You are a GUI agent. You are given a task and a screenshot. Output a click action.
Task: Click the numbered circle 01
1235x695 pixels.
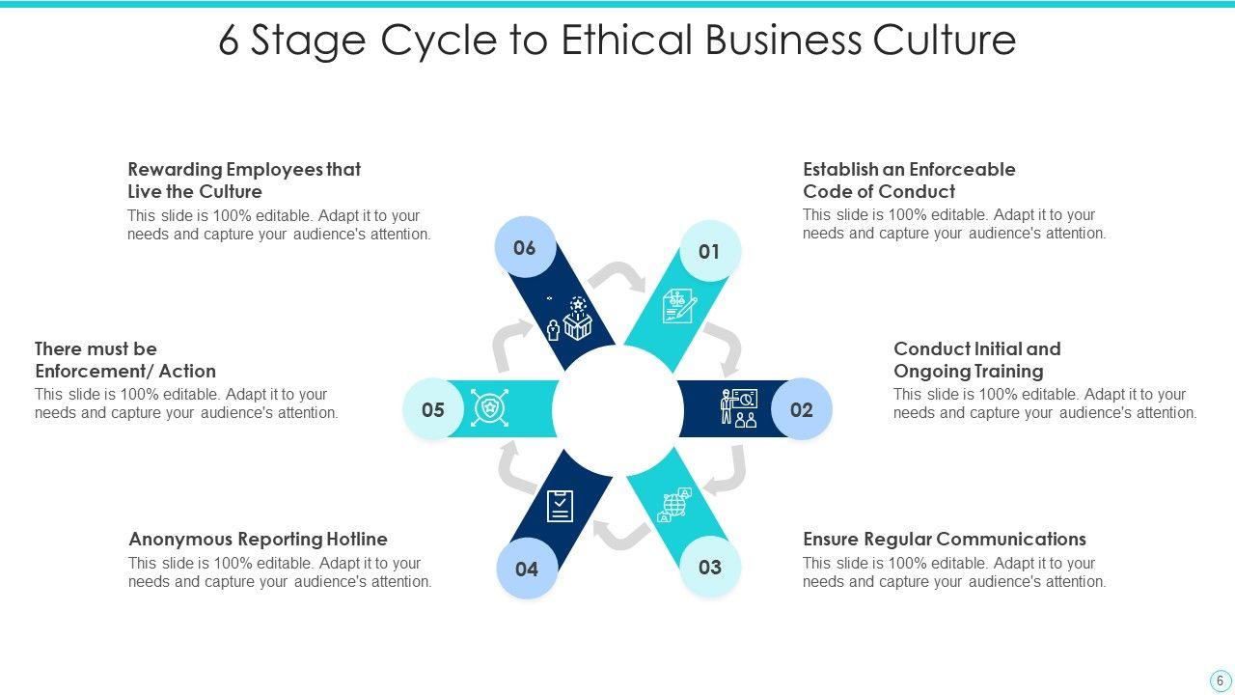(x=709, y=252)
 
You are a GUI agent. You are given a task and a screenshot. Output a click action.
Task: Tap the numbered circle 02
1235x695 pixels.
(x=801, y=409)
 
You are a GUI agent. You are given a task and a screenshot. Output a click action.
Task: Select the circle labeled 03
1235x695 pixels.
(x=710, y=568)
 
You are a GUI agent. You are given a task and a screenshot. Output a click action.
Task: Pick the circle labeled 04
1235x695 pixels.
(x=526, y=569)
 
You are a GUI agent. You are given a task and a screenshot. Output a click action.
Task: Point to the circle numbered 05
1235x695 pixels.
(x=433, y=409)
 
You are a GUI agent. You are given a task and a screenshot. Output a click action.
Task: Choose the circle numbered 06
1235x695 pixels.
(x=524, y=248)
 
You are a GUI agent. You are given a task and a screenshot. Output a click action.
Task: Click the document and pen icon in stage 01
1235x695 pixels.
(x=678, y=306)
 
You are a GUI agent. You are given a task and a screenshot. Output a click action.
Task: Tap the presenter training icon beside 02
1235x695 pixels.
(x=739, y=408)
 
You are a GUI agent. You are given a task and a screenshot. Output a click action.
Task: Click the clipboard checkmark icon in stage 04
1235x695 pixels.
(x=560, y=505)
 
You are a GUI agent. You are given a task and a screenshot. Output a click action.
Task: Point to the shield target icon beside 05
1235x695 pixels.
(x=490, y=408)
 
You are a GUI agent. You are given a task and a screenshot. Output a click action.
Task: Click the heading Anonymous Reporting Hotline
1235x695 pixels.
(x=258, y=539)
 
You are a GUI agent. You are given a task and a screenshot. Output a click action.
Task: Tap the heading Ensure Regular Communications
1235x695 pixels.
(x=944, y=539)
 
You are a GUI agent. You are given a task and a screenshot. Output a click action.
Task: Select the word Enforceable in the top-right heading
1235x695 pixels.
(x=963, y=169)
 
